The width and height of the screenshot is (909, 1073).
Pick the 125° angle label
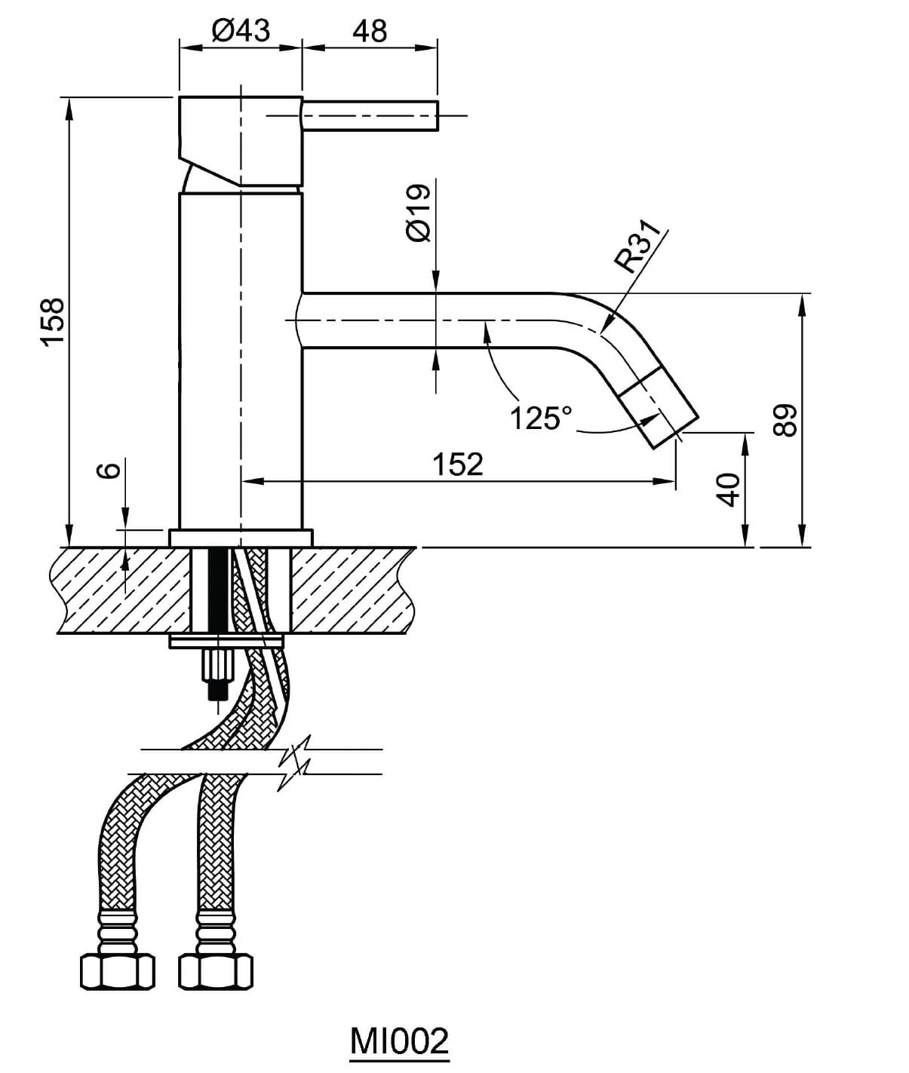point(541,418)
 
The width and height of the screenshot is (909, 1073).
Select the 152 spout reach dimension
point(457,464)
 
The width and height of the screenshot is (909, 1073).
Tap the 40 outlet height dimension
point(727,490)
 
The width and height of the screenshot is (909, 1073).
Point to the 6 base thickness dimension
point(109,471)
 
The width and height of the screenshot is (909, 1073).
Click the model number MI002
point(399,1041)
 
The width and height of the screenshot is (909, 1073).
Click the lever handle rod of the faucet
point(370,116)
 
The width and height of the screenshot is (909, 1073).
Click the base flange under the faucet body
point(241,538)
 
